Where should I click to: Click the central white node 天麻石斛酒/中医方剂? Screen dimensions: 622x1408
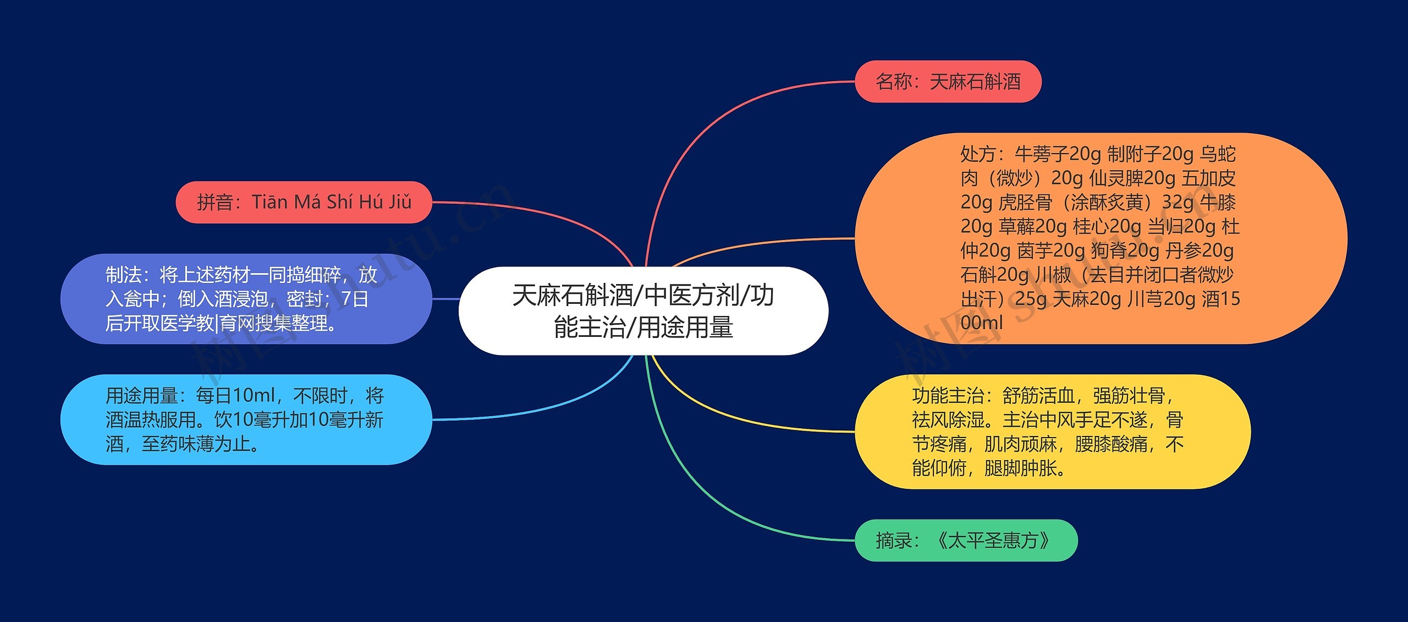[643, 311]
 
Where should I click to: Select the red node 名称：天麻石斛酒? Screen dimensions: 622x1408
[948, 81]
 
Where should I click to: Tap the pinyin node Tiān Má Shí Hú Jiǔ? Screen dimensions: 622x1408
[304, 202]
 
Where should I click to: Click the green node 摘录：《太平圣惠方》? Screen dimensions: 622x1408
[966, 541]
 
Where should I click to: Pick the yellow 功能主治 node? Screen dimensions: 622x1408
[1052, 432]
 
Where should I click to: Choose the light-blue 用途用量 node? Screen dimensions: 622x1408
[246, 419]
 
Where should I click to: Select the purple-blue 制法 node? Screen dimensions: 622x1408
[246, 299]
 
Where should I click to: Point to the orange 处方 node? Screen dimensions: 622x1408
[1100, 238]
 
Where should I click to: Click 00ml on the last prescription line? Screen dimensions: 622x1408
[981, 323]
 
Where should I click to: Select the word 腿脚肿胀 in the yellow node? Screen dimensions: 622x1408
[1020, 468]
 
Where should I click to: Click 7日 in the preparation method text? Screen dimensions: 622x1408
[355, 299]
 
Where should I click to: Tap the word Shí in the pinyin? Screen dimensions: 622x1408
[340, 202]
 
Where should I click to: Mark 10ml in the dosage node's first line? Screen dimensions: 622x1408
[254, 396]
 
